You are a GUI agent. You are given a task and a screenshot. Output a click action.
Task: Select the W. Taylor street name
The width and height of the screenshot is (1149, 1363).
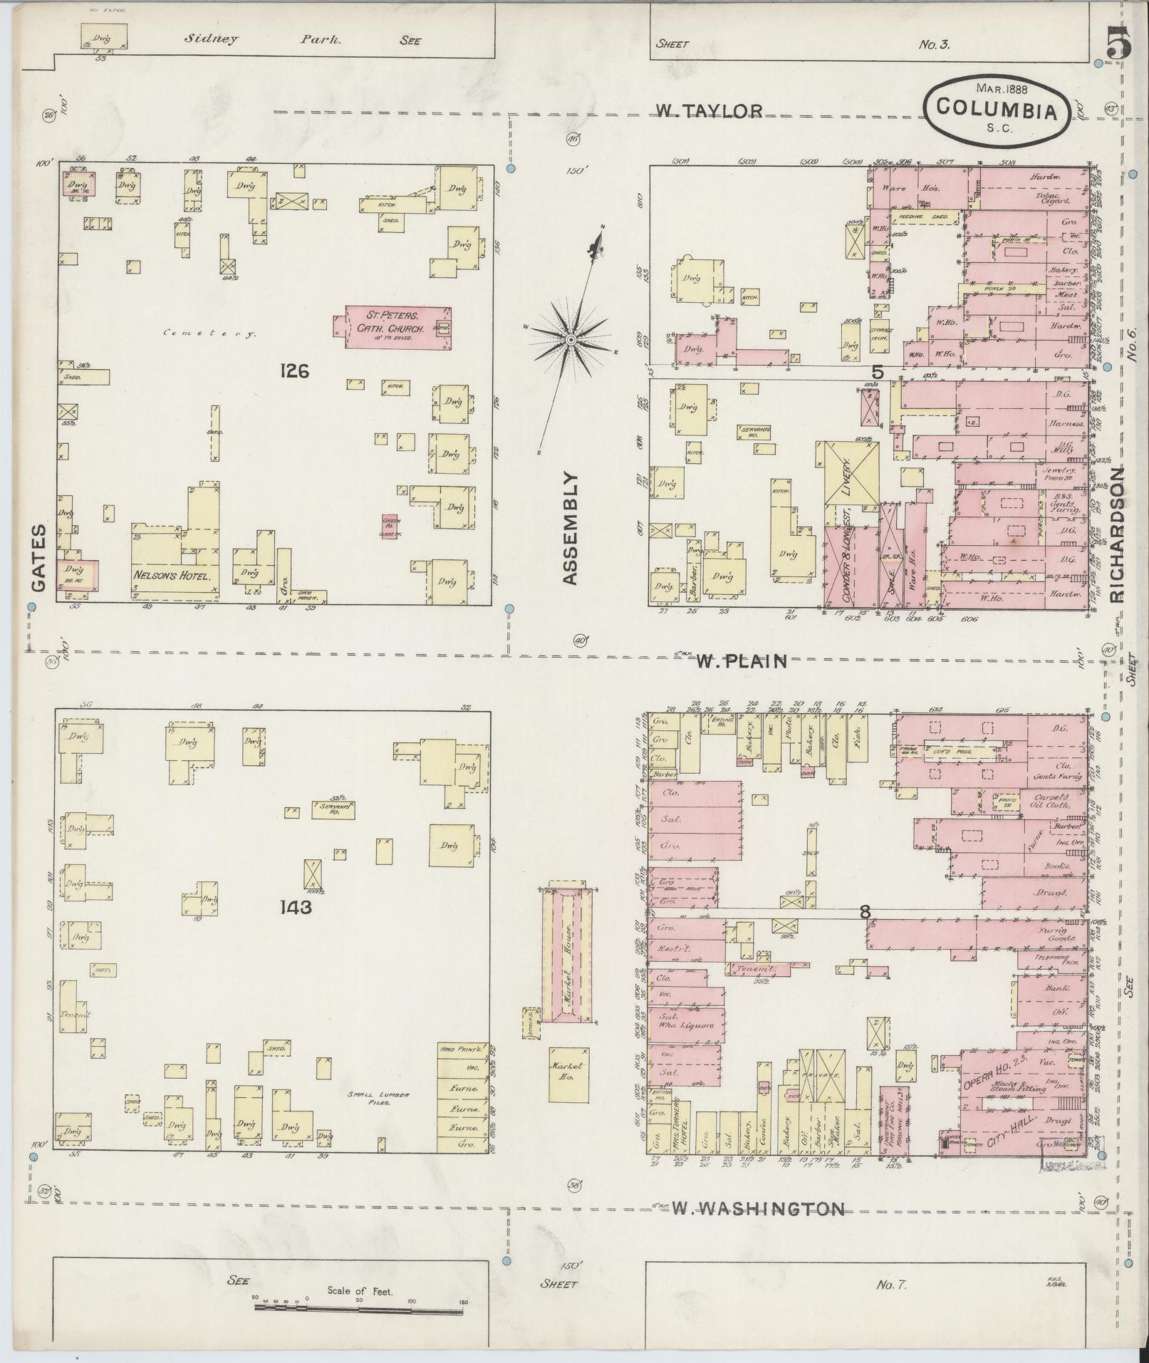point(709,111)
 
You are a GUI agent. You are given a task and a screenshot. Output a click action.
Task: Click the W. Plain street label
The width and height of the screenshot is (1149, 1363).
point(742,661)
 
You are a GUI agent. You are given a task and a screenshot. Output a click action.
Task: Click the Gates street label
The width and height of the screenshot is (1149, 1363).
point(38,559)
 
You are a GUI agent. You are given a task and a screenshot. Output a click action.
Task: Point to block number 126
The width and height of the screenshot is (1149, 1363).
point(294,370)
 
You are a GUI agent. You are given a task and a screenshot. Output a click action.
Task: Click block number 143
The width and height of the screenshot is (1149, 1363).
point(296,907)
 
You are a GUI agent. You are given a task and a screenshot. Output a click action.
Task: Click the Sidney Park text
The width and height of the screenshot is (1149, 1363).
point(264,40)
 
